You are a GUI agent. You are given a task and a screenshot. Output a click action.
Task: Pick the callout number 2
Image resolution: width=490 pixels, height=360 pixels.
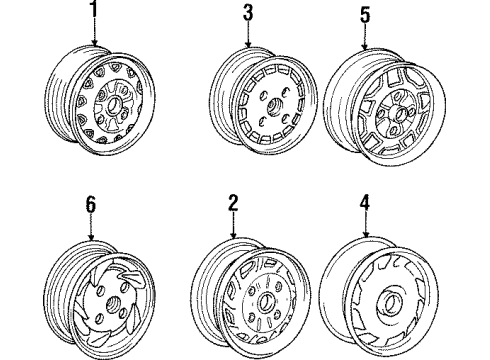pyautogui.click(x=232, y=203)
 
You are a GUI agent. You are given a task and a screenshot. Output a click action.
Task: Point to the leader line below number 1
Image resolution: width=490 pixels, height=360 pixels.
pyautogui.click(x=97, y=32)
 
